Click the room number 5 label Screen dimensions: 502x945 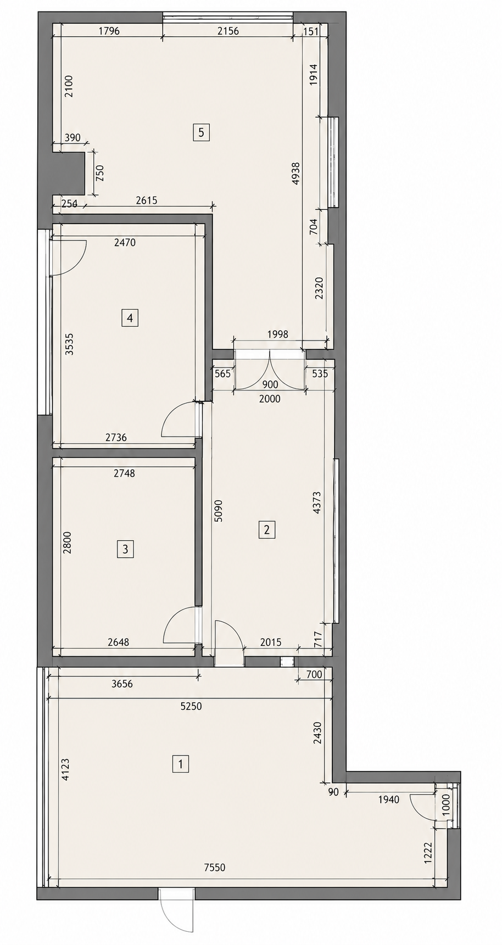click(x=201, y=132)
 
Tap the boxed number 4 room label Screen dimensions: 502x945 click(x=130, y=318)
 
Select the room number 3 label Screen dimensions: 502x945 click(x=125, y=549)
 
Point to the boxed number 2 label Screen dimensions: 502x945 click(x=267, y=530)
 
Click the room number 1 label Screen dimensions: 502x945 click(x=180, y=764)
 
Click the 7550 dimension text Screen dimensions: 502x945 click(x=214, y=868)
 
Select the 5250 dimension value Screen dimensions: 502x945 click(x=191, y=706)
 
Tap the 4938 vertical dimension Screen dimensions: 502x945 click(x=295, y=173)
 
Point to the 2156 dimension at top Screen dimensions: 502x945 click(x=228, y=31)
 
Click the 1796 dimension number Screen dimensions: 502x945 click(x=109, y=31)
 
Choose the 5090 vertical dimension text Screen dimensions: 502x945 click(x=219, y=510)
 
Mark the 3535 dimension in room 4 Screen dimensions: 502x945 click(x=69, y=344)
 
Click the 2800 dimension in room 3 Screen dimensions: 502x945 click(x=67, y=543)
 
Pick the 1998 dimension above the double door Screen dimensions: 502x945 click(x=277, y=334)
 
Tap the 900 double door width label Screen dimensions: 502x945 click(x=270, y=385)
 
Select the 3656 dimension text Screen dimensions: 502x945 click(x=122, y=684)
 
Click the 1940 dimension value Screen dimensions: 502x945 click(x=388, y=799)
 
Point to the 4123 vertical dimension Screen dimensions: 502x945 click(x=65, y=770)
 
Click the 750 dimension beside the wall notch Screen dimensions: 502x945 click(x=99, y=174)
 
